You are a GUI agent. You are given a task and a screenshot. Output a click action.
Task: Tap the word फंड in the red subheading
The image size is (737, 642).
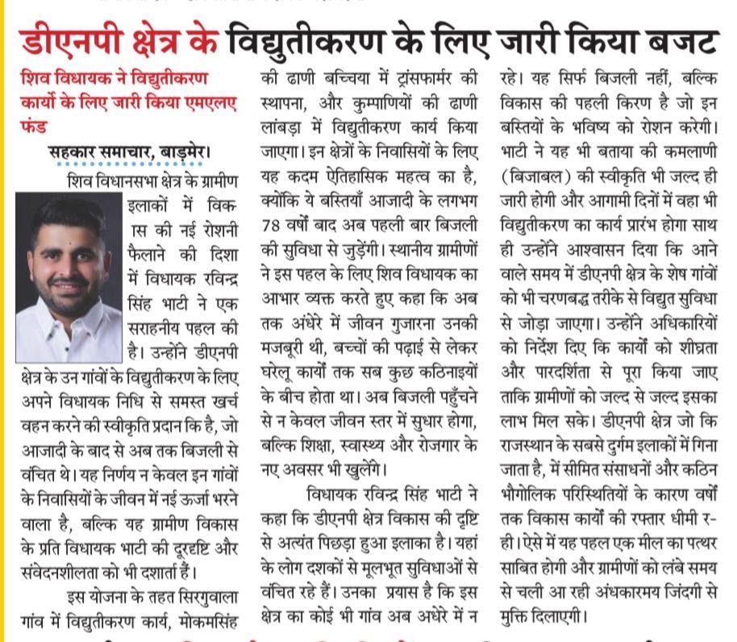tap(35, 127)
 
